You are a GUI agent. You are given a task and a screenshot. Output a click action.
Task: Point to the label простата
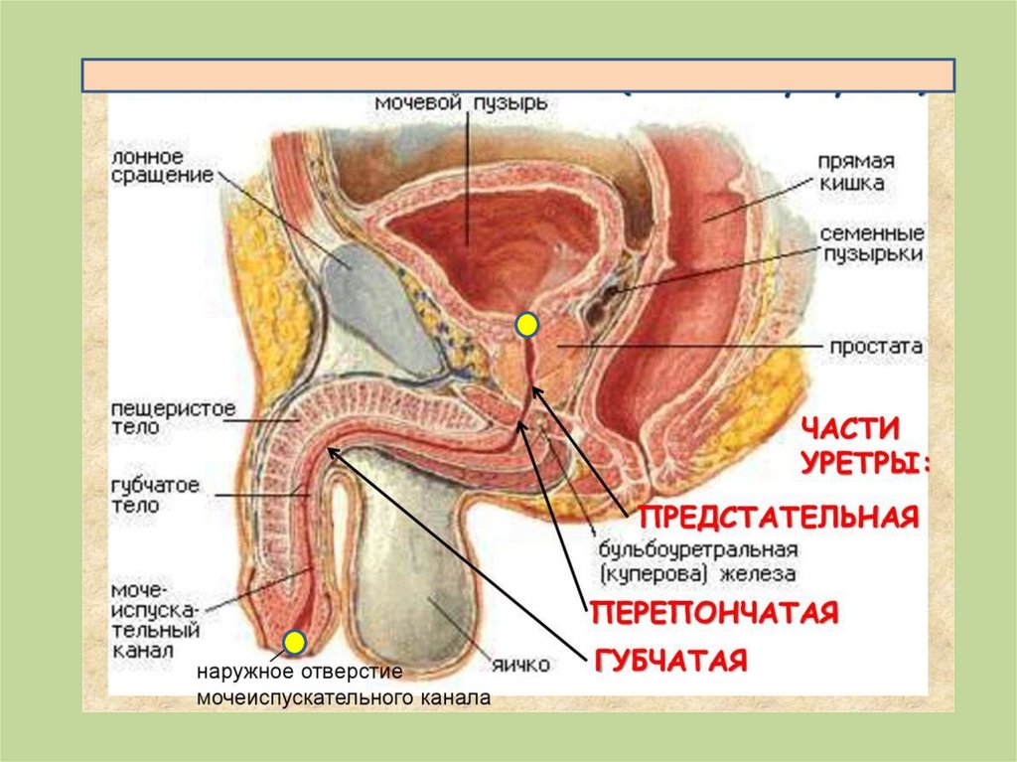(x=877, y=348)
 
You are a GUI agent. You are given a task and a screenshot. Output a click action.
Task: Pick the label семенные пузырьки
(x=872, y=243)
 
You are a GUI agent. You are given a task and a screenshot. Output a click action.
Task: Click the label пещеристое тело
(x=159, y=418)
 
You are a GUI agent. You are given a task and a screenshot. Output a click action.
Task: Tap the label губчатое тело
(x=155, y=495)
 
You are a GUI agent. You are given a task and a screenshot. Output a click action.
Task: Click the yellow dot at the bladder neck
(x=527, y=324)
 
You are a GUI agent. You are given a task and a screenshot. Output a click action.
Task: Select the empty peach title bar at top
(x=517, y=76)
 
